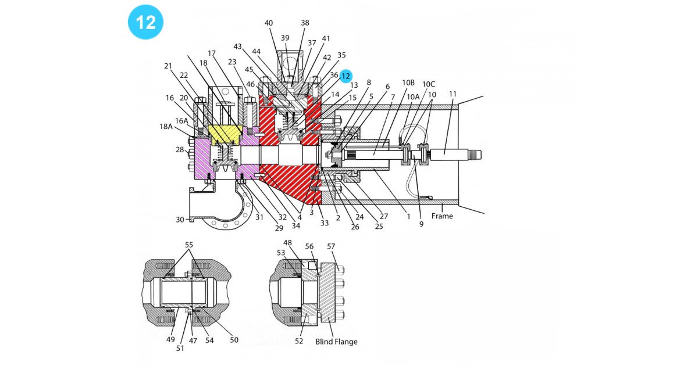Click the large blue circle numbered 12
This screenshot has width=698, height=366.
145,22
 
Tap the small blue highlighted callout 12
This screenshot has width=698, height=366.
346,76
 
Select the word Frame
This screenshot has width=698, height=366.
443,216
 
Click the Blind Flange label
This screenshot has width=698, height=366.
336,342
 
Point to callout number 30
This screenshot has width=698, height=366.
180,220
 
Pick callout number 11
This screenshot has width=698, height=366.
453,94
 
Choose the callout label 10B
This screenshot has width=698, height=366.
408,82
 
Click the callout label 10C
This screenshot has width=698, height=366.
429,84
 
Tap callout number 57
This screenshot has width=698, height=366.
331,247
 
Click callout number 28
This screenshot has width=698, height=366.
180,150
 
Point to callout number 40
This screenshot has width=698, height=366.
268,23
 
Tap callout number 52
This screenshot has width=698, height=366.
299,341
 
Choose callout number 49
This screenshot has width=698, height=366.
171,340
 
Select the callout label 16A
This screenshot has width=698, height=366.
181,121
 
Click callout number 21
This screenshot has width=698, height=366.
168,66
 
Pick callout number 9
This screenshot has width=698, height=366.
421,224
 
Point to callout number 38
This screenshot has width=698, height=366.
305,23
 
